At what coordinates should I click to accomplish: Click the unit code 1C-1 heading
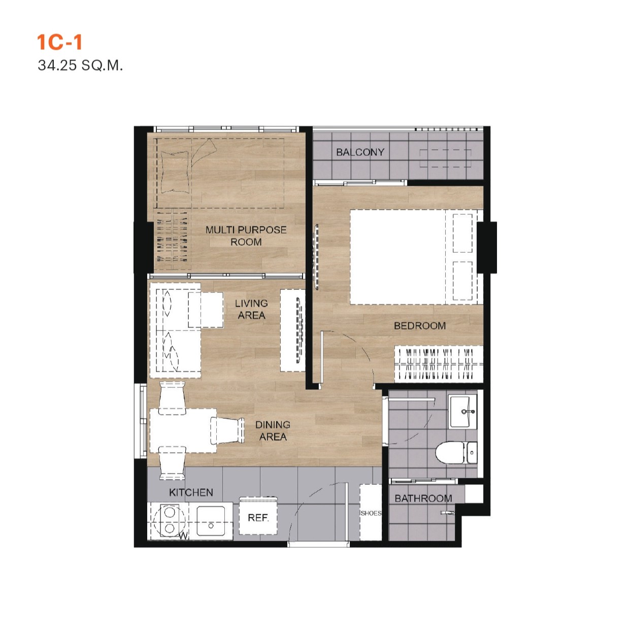(x=59, y=43)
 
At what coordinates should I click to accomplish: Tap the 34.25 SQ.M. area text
(x=80, y=65)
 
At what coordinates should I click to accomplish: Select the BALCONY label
(x=360, y=152)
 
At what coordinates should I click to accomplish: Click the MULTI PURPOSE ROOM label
(x=246, y=236)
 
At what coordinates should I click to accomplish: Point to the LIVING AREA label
(x=251, y=309)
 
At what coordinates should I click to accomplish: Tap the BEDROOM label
(x=420, y=325)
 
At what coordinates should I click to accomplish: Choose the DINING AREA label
(x=273, y=430)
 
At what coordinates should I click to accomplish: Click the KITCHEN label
(x=191, y=492)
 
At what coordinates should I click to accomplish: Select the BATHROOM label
(x=423, y=498)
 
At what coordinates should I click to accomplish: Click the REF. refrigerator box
(x=258, y=517)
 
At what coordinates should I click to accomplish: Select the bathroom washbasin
(x=462, y=411)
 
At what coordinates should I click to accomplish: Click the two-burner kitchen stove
(x=169, y=520)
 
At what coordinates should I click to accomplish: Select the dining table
(x=183, y=430)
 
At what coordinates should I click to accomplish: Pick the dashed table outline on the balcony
(x=445, y=157)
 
